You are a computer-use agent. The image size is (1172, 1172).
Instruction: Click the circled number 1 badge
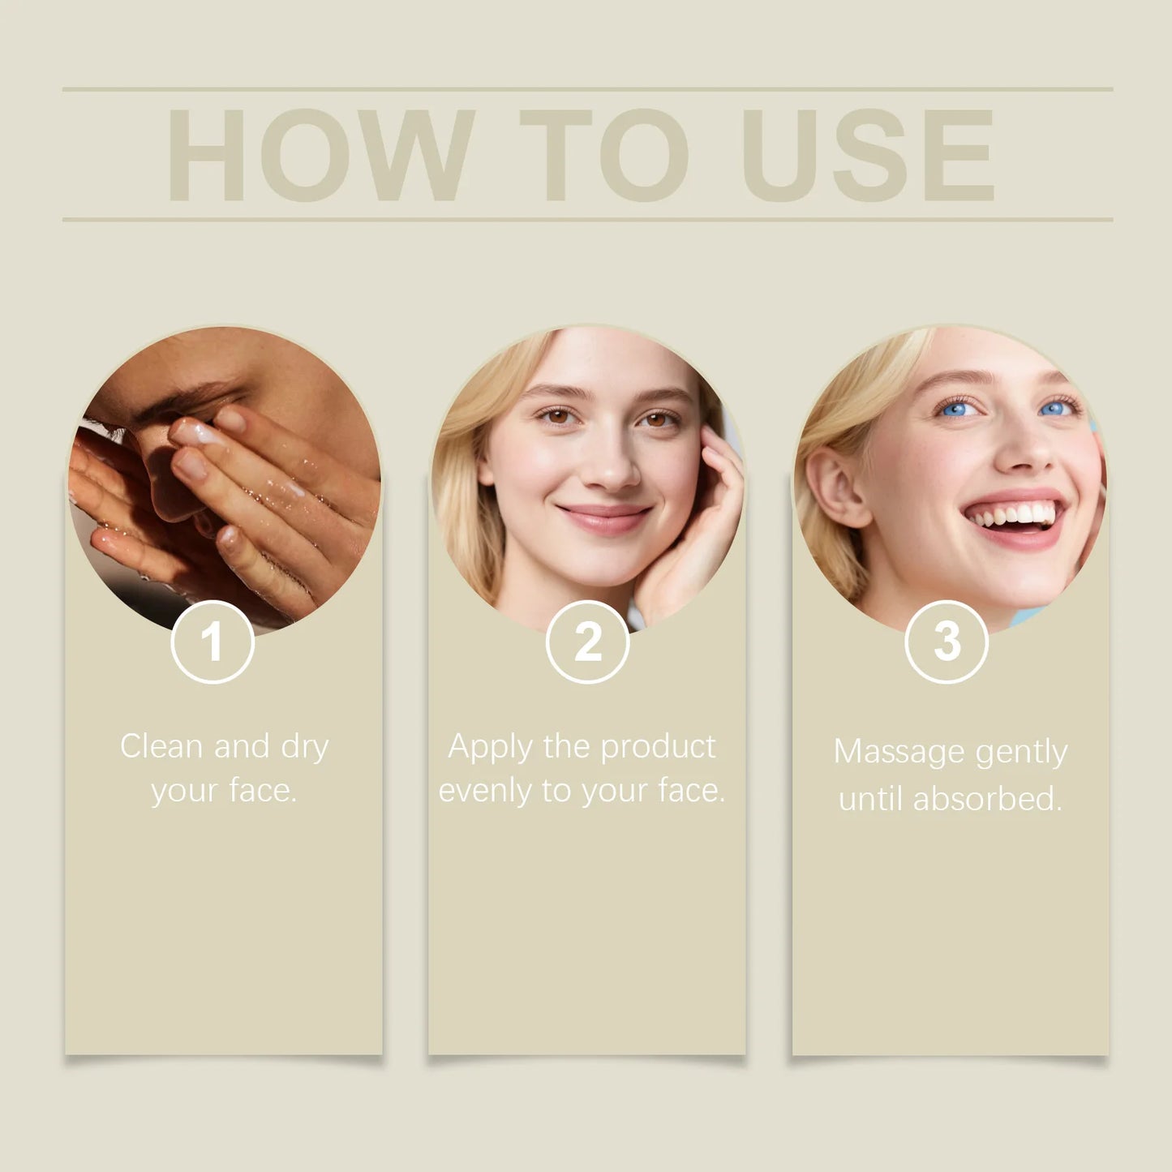[x=213, y=642]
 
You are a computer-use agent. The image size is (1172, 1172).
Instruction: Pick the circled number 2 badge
[x=587, y=642]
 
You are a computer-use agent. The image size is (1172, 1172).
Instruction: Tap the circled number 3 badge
[x=947, y=642]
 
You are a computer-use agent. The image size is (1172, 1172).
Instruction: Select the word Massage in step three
[x=899, y=753]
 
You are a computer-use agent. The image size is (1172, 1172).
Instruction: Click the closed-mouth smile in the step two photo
[x=604, y=516]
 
